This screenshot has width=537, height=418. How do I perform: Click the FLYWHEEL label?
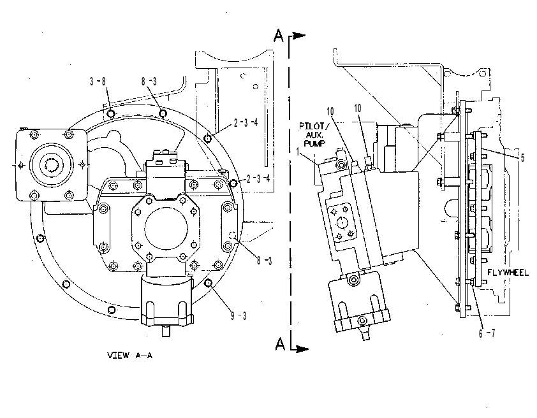click(508, 273)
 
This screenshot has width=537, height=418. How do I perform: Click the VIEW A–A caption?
click(130, 356)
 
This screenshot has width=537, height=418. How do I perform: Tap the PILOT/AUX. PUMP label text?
click(314, 135)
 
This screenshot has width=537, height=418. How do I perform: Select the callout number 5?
click(522, 157)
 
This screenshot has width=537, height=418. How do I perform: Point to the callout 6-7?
click(487, 333)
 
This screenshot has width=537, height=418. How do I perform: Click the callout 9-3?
click(239, 315)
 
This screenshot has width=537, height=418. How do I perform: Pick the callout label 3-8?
click(98, 82)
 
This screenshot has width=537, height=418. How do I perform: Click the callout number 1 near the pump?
click(298, 152)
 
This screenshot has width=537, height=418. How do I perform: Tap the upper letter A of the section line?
click(279, 36)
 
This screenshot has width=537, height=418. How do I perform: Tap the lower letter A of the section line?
click(280, 344)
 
